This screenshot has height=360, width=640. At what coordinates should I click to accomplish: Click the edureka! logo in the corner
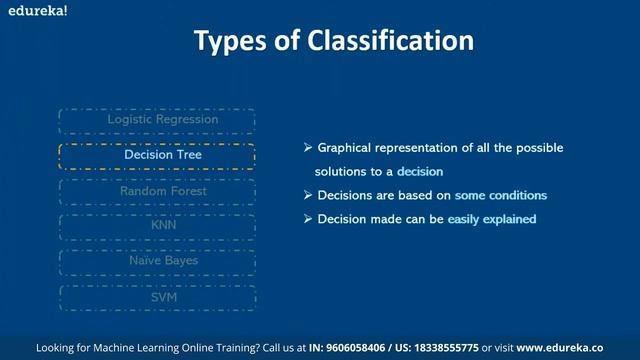[27, 8]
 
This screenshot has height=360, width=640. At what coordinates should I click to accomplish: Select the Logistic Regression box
[157, 120]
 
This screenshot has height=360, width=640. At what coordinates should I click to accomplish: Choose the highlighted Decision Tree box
[157, 155]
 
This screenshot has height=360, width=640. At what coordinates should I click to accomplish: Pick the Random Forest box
[157, 191]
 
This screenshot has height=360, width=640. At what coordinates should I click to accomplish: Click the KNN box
[157, 226]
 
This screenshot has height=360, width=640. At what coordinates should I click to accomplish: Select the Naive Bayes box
[157, 261]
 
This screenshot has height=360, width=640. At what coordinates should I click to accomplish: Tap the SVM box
[157, 296]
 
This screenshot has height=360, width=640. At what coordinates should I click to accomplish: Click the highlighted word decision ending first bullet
[419, 172]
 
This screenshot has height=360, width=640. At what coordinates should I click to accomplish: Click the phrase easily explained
[492, 219]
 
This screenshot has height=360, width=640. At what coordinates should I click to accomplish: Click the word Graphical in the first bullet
[347, 148]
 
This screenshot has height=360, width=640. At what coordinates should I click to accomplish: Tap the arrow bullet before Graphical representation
[308, 148]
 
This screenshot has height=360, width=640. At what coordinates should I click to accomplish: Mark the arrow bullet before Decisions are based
[308, 195]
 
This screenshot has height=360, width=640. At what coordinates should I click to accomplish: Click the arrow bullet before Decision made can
[308, 219]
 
